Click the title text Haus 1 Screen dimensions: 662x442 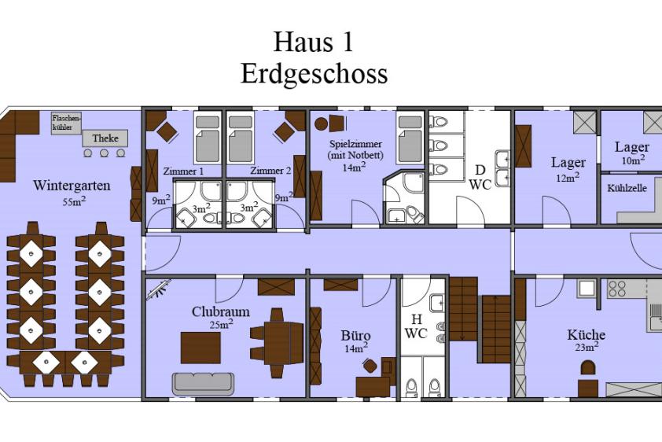[x=313, y=42]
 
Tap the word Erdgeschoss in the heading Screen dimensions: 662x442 [x=314, y=73]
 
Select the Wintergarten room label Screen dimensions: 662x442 [x=72, y=186]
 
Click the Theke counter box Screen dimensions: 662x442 [x=105, y=138]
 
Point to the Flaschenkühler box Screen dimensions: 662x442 [x=66, y=123]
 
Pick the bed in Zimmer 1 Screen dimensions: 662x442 [x=208, y=138]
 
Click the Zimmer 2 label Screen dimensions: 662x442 [x=270, y=171]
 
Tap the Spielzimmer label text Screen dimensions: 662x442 [x=355, y=144]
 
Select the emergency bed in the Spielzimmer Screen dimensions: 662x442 [x=410, y=138]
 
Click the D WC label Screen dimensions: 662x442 [x=480, y=177]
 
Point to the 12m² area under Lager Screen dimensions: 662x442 [x=568, y=177]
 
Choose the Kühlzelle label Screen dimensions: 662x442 [x=627, y=188]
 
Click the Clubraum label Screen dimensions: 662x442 [x=220, y=311]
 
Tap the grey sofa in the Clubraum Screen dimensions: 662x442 [x=203, y=384]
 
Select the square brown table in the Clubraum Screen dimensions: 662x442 [x=201, y=348]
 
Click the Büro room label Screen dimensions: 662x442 [x=355, y=336]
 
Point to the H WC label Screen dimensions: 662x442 [x=416, y=326]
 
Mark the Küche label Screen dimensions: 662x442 [x=586, y=335]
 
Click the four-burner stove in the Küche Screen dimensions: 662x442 [x=617, y=289]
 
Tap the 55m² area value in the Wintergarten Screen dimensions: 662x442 [x=74, y=201]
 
